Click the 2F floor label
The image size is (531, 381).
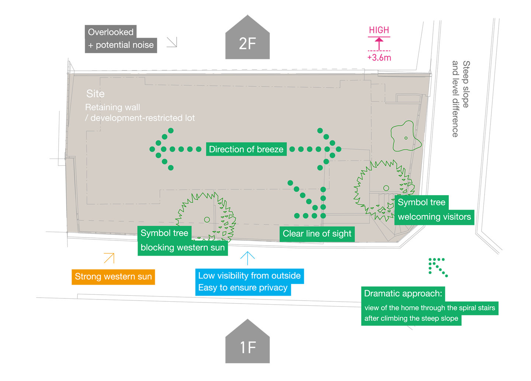[x=247, y=44]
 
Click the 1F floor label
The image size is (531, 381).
[x=248, y=347]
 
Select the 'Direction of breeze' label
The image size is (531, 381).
[x=246, y=149]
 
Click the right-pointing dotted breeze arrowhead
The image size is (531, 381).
[x=331, y=149]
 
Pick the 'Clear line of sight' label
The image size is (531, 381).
[x=317, y=234]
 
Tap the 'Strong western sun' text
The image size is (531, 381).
[x=113, y=277]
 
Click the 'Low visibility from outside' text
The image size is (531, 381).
[x=249, y=276]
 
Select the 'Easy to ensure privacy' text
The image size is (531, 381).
[x=243, y=288]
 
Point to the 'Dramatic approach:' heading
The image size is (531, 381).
[x=403, y=294]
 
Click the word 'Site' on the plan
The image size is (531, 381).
[x=96, y=94]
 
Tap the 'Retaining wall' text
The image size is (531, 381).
[x=112, y=107]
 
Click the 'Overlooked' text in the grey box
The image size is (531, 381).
[x=111, y=32]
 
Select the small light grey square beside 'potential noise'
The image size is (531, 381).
[x=171, y=42]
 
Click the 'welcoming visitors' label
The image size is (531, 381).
[x=434, y=217]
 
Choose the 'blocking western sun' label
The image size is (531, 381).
[x=183, y=247]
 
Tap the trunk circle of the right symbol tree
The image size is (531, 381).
[x=386, y=188]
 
